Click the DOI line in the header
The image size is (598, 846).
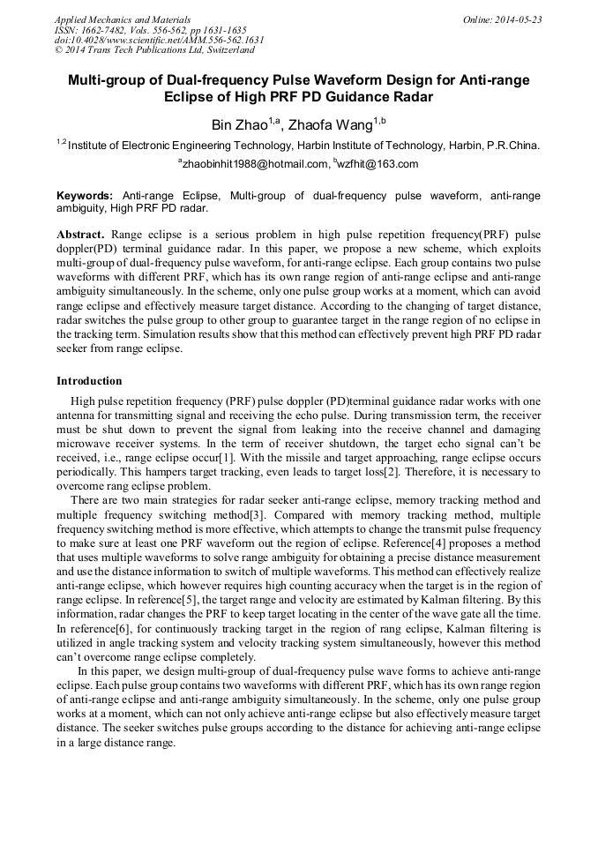point(160,40)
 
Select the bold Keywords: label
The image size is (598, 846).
point(85,194)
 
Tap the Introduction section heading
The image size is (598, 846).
point(89,381)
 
